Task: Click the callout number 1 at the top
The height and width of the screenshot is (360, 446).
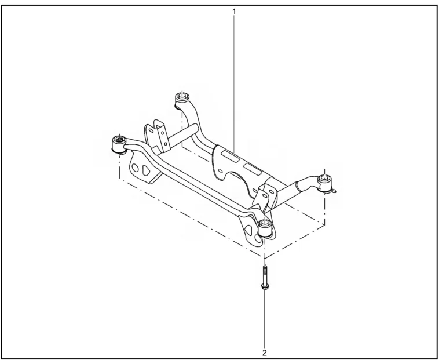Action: (x=234, y=12)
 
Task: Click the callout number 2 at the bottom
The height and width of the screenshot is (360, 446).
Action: (x=265, y=353)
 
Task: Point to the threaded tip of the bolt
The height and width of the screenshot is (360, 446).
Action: (x=265, y=267)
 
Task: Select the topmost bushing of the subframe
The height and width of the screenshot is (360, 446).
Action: (x=182, y=100)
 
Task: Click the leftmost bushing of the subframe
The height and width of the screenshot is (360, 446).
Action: (x=118, y=144)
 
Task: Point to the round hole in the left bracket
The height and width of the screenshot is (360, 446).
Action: (x=136, y=169)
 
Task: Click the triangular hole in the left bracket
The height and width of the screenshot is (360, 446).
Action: (x=146, y=169)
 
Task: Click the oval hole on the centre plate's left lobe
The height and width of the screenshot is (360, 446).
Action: (x=220, y=170)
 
